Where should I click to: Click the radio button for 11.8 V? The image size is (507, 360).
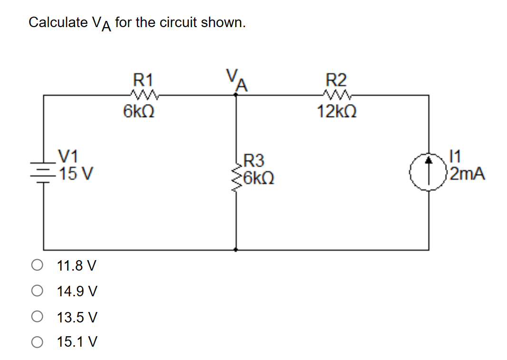[x=38, y=265]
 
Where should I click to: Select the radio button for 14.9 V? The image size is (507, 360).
[x=38, y=291]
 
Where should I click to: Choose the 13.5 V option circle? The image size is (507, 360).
[x=38, y=316]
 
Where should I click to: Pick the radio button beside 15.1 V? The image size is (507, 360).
[x=38, y=341]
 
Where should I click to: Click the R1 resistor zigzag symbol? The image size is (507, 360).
[x=141, y=93]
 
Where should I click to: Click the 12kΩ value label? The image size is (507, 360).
[x=337, y=112]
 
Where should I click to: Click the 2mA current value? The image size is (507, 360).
[x=468, y=175]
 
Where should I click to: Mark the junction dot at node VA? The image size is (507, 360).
[x=236, y=95]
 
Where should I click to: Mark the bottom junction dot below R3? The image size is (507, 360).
[x=236, y=249]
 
